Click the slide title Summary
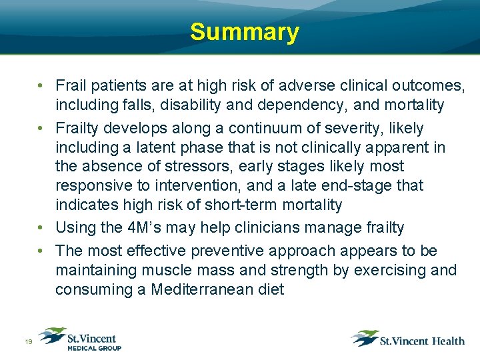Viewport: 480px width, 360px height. [x=244, y=32]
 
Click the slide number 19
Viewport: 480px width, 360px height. [x=29, y=342]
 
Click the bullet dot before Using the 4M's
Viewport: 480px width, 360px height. [x=41, y=228]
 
